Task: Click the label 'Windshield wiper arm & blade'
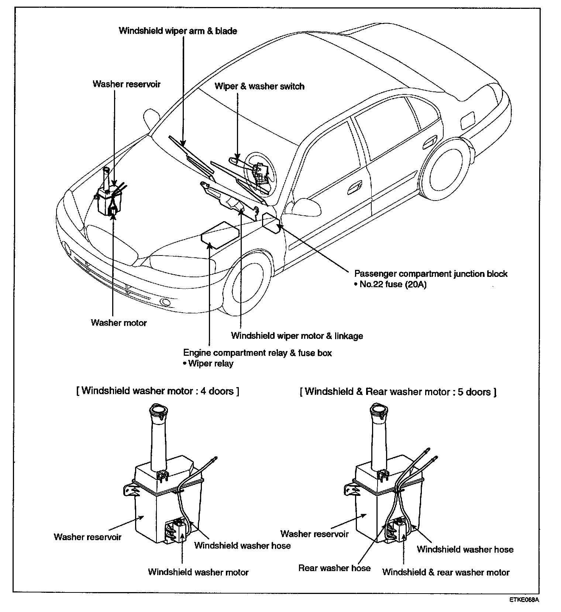click(x=178, y=31)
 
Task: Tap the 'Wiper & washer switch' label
click(x=259, y=87)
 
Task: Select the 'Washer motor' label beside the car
click(x=118, y=323)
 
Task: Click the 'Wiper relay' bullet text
click(x=210, y=364)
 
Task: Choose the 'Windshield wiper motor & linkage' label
click(x=297, y=336)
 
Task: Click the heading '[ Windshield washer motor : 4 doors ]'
click(x=158, y=391)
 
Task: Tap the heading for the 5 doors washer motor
click(x=398, y=392)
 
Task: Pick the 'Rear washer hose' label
click(x=334, y=568)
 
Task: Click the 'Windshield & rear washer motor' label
click(x=445, y=573)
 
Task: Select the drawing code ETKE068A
click(x=524, y=600)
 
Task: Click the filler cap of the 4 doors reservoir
click(x=158, y=410)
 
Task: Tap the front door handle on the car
click(x=355, y=188)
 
